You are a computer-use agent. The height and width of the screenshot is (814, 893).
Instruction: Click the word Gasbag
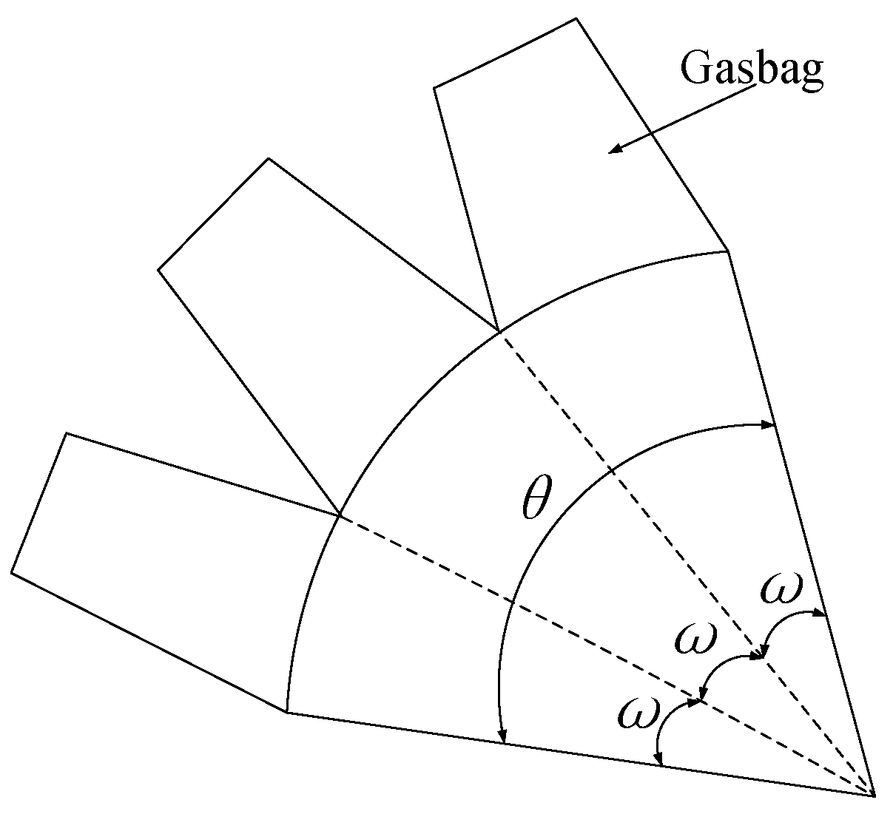coord(751,70)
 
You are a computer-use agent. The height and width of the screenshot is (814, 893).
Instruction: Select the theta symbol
coord(536,502)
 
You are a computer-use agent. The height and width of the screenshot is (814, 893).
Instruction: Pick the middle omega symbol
coord(695,637)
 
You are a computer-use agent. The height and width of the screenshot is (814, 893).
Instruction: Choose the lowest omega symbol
coord(637,714)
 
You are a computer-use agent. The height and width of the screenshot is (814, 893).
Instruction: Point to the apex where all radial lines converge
coord(875,796)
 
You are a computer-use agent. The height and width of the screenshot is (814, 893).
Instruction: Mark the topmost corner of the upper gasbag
coord(576,18)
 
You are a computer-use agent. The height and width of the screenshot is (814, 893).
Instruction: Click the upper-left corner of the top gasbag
coord(434,88)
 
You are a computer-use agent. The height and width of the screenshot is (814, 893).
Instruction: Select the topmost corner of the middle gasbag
coord(269,158)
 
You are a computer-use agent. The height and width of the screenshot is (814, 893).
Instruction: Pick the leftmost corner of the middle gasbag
coord(158,270)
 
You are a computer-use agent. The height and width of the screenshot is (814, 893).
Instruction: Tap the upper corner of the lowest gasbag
coord(67,433)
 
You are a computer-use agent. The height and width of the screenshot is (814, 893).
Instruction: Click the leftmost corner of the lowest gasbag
coord(11,572)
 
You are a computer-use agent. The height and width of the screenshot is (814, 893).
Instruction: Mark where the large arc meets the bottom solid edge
coord(286,713)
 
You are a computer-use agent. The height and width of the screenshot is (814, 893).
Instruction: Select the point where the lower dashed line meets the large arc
coord(340,515)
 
